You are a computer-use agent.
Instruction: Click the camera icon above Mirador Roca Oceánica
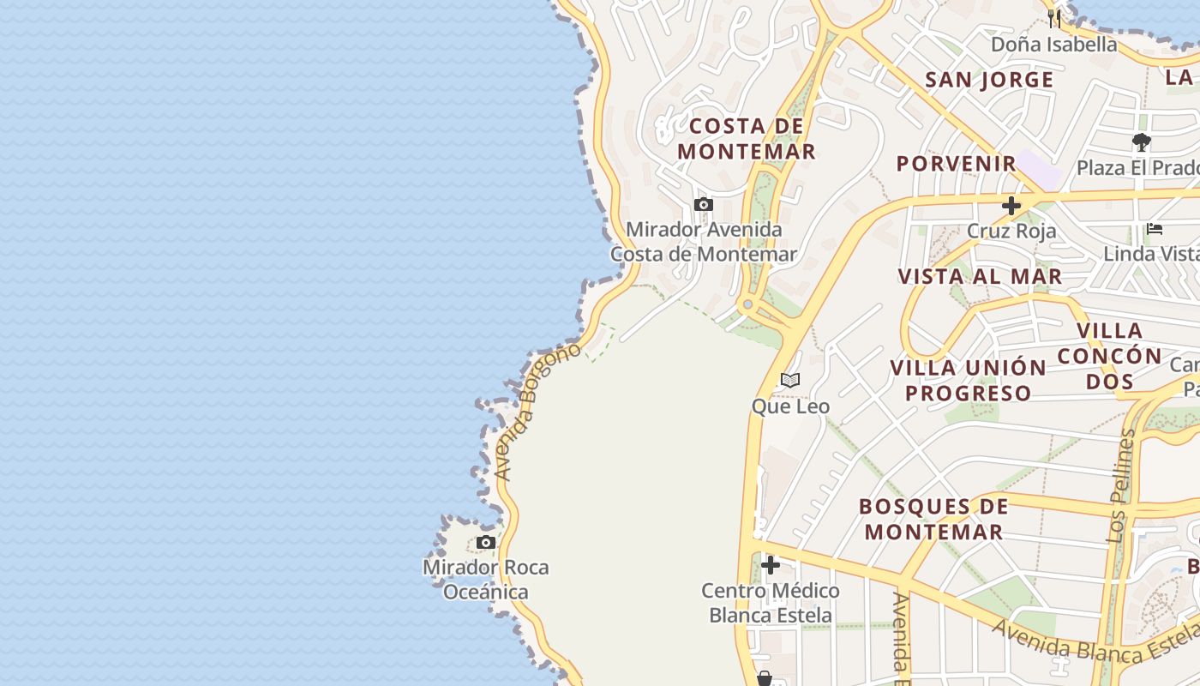[x=486, y=542]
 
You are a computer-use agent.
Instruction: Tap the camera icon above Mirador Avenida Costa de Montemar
[x=704, y=204]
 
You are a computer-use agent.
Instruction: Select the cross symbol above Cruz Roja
[x=1011, y=206]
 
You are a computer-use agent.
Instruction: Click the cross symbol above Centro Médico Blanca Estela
[x=771, y=565]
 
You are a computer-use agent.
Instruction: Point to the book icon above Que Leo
[x=790, y=380]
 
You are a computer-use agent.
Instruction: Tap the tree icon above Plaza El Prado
[x=1141, y=141]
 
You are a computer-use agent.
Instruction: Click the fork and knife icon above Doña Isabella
[x=1054, y=18]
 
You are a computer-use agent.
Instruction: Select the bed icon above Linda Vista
[x=1155, y=229]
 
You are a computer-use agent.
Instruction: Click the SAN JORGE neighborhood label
[x=989, y=80]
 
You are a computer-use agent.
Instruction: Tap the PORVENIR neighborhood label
[x=957, y=163]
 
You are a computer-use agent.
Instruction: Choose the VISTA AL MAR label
[x=980, y=276]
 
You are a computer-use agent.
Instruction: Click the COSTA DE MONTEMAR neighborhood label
[x=746, y=139]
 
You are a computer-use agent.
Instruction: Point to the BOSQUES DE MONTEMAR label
[x=933, y=519]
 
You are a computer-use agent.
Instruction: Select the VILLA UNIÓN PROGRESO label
[x=968, y=380]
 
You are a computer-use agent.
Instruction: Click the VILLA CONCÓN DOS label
[x=1109, y=355]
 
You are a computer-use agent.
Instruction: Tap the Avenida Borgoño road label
[x=537, y=412]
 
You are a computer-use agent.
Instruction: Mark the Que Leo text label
[x=790, y=406]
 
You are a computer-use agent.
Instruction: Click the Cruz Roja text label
[x=1011, y=231]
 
